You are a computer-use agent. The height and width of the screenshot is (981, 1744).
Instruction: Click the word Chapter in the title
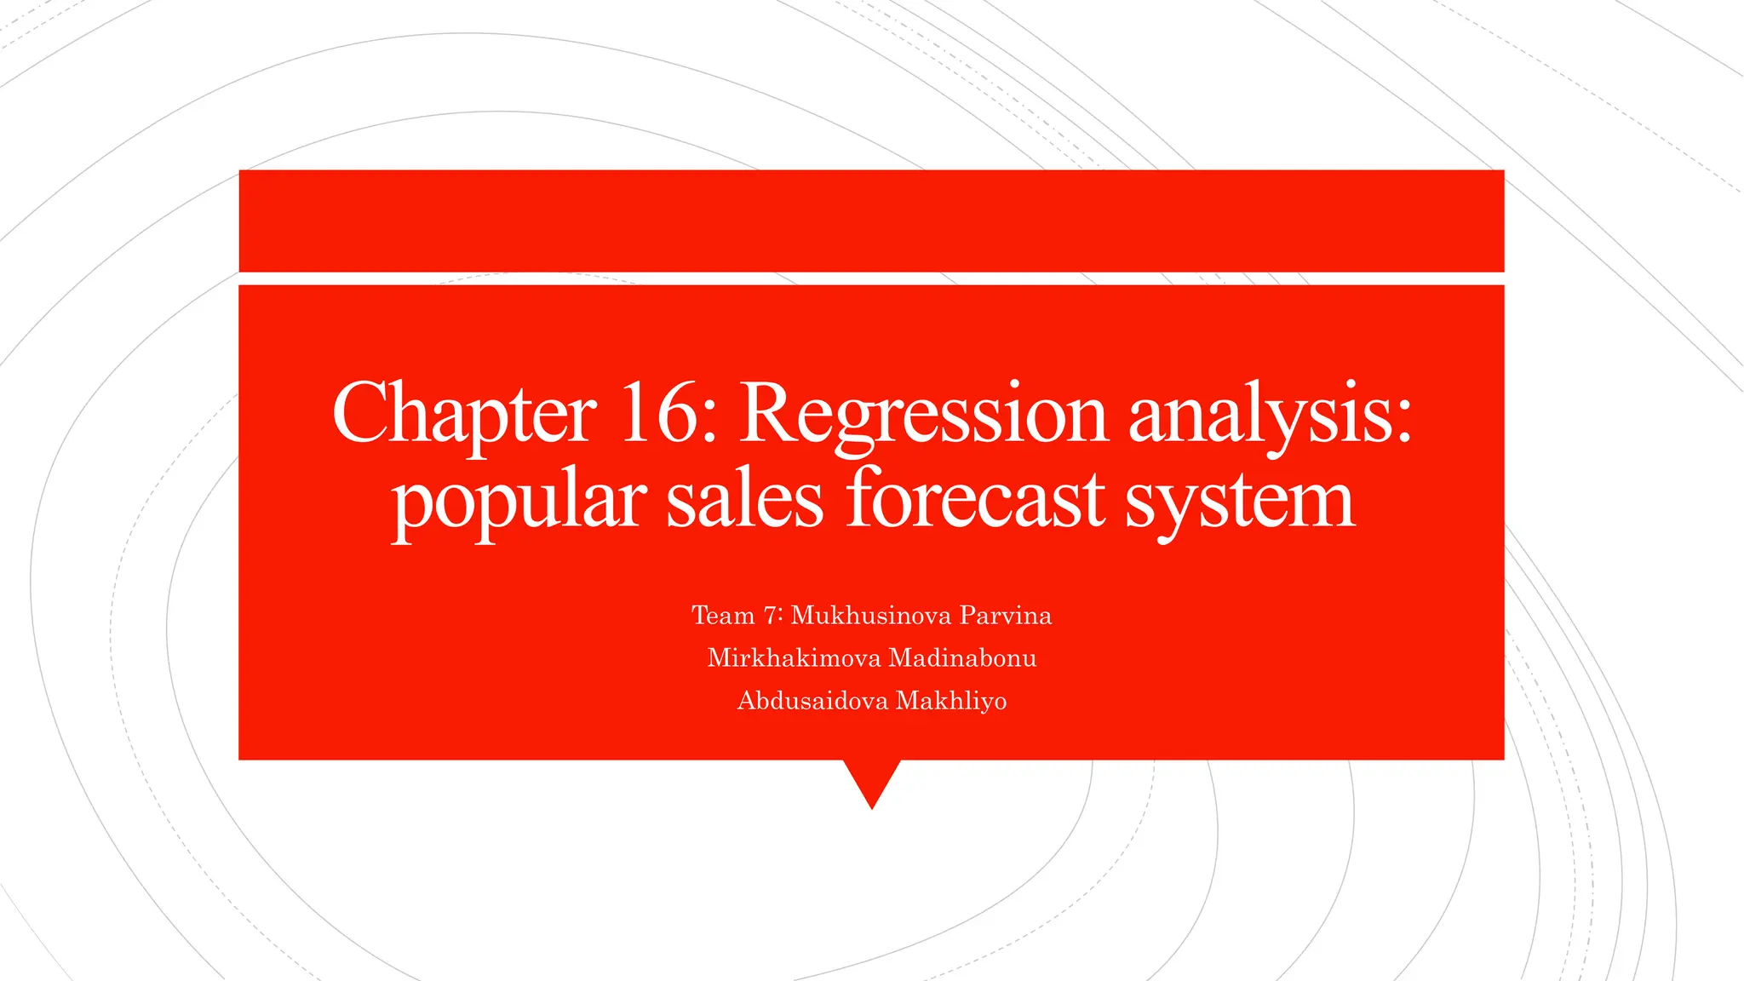coord(464,415)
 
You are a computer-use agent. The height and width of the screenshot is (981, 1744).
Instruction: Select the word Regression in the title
coord(923,415)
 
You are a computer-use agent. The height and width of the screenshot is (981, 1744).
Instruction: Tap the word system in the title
coord(1239,502)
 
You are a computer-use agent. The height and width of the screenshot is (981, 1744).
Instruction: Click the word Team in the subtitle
coord(723,615)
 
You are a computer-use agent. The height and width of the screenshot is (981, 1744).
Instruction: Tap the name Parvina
coord(1006,615)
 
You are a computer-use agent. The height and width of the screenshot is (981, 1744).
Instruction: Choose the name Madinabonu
coord(962,657)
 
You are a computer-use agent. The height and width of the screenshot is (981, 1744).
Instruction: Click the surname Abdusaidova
coord(812,701)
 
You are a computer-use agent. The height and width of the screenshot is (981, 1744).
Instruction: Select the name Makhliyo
coord(951,701)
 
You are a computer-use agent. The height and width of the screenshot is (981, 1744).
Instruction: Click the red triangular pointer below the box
coord(872,778)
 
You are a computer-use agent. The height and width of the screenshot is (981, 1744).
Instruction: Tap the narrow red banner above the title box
coord(871,221)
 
